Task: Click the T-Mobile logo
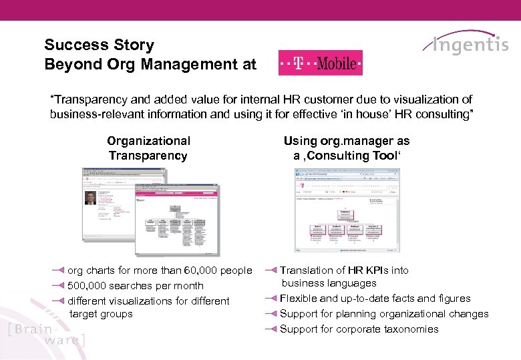[x=320, y=63]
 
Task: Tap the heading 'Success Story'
[x=99, y=45]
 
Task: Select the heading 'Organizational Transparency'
[x=148, y=148]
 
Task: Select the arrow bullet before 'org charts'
[x=58, y=271]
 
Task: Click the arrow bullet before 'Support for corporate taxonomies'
[x=271, y=329]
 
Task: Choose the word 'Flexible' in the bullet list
[x=299, y=299]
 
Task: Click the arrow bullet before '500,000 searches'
[x=58, y=286]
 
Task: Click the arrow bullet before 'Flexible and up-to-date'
[x=271, y=299]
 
